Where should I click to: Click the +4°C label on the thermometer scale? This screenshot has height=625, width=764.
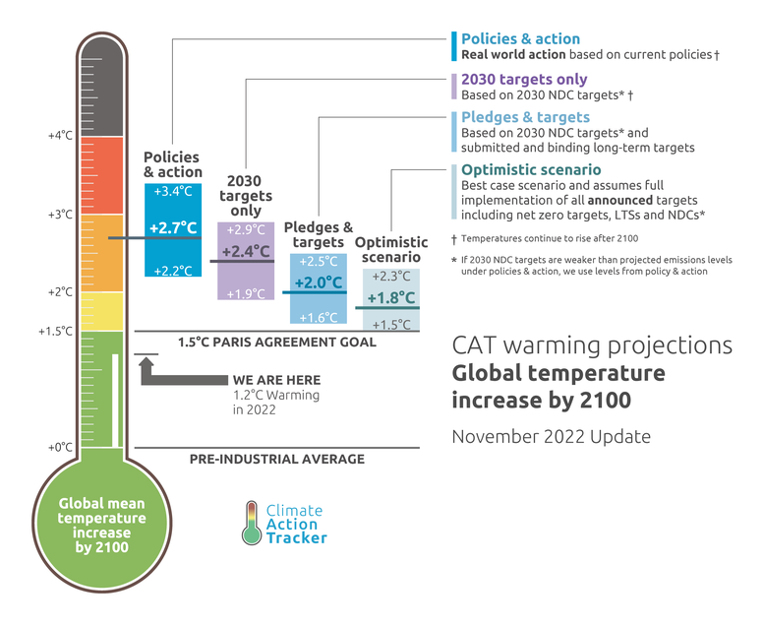pos(60,136)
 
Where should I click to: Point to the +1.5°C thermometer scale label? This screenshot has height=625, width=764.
pos(56,331)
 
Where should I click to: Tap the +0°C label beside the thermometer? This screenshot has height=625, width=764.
pos(60,447)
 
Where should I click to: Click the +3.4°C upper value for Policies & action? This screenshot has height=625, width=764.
pos(172,191)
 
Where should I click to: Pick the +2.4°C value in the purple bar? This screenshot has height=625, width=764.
pos(245,251)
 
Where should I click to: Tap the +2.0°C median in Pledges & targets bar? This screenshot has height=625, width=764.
pos(319,283)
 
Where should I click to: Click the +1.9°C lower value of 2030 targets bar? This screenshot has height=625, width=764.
pos(245,293)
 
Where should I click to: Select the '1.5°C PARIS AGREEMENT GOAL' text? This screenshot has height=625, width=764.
pos(277,343)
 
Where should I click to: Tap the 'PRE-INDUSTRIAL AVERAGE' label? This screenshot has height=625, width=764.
pos(276,459)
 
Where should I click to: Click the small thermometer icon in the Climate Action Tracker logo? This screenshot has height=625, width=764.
pos(252,523)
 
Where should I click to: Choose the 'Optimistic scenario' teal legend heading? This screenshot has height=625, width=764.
pos(532,169)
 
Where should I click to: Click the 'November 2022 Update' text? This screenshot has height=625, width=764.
pos(551,435)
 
